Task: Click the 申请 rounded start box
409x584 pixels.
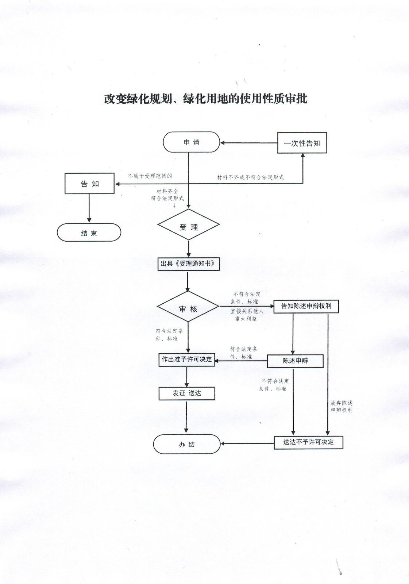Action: [191, 142]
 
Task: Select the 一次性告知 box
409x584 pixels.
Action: [302, 143]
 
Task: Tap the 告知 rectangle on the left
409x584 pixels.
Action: [89, 184]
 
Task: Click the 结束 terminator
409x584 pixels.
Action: [89, 232]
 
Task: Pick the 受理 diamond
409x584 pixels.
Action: [189, 224]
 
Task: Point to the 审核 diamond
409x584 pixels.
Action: [188, 306]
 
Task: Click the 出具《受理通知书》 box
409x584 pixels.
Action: [189, 264]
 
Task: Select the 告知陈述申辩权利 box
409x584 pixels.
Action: [306, 306]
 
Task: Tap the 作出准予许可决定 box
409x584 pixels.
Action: [187, 360]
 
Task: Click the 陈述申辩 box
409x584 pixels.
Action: [295, 361]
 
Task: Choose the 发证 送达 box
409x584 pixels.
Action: [187, 393]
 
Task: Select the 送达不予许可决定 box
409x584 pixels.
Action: [308, 442]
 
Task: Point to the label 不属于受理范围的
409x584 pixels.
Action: [150, 176]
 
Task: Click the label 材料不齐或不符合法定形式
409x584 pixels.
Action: [250, 177]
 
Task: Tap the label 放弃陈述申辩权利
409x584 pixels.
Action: [342, 407]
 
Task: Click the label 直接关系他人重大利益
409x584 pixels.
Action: [247, 315]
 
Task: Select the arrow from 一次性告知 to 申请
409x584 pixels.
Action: [249, 143]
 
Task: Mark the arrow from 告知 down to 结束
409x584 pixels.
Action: [89, 208]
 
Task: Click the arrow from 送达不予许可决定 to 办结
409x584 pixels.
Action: [247, 443]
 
